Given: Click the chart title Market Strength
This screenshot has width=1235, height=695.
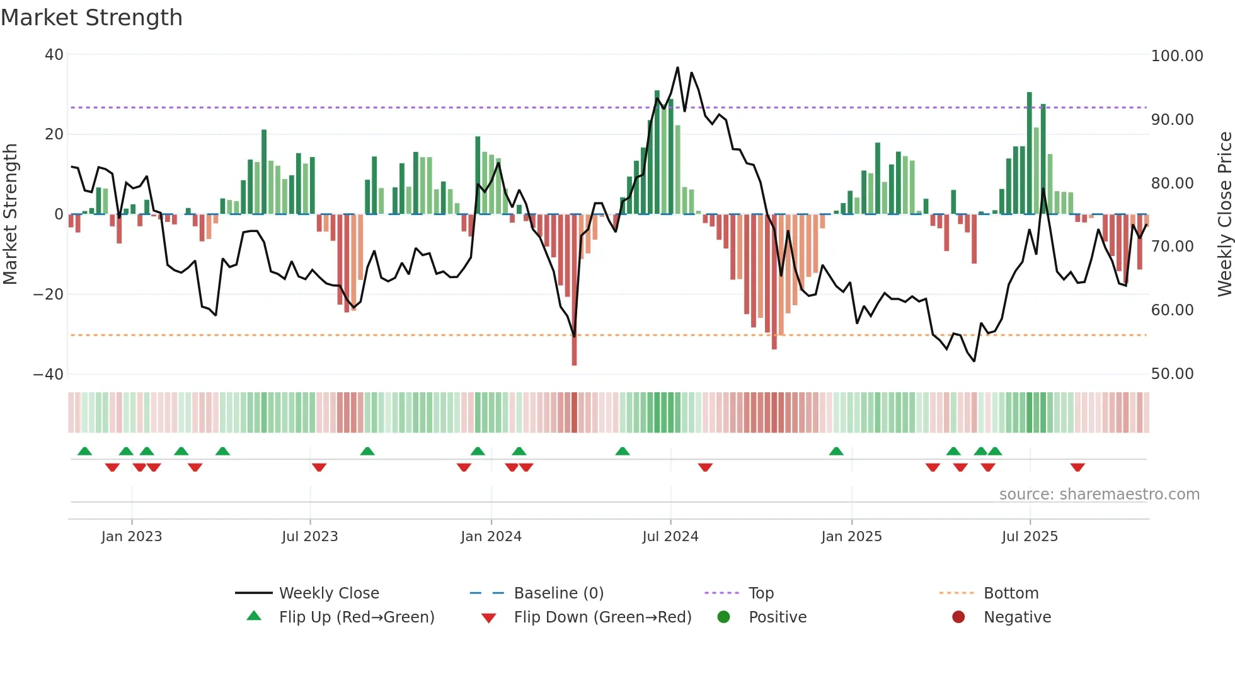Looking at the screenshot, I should point(91,18).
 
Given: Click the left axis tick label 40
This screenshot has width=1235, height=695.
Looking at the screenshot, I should point(54,55).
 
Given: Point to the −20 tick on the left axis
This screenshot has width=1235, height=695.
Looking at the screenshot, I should point(49,295).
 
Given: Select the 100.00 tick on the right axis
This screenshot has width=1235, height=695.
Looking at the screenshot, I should point(1176,56).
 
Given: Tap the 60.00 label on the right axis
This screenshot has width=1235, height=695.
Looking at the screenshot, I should point(1171,310).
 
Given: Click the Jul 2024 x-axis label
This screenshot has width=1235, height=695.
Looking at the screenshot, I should point(670,537).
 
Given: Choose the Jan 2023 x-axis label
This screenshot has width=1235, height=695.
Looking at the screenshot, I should point(131,537).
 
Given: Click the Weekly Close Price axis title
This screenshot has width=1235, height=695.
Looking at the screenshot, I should point(1224,214).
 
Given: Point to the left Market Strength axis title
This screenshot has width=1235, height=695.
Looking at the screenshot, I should point(11,214).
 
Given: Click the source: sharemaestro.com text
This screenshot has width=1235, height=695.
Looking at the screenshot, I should point(1099,494).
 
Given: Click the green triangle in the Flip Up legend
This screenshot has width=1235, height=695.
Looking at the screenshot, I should point(254,616).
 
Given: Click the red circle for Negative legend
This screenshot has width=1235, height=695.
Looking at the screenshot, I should point(958,617).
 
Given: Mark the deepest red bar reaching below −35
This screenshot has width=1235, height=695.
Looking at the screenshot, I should point(574,353).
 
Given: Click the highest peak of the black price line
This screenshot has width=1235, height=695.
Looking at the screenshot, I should point(677,67).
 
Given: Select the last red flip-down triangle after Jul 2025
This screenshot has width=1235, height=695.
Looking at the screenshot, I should point(1077,467).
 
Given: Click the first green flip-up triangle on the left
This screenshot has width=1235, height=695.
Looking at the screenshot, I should point(84,451).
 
